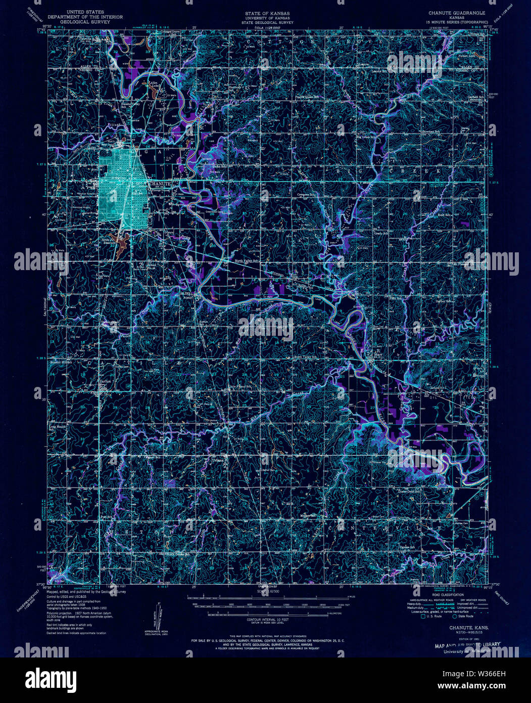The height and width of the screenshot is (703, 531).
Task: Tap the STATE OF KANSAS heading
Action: tap(265, 12)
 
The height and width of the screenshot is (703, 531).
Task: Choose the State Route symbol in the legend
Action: tap(455, 616)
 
